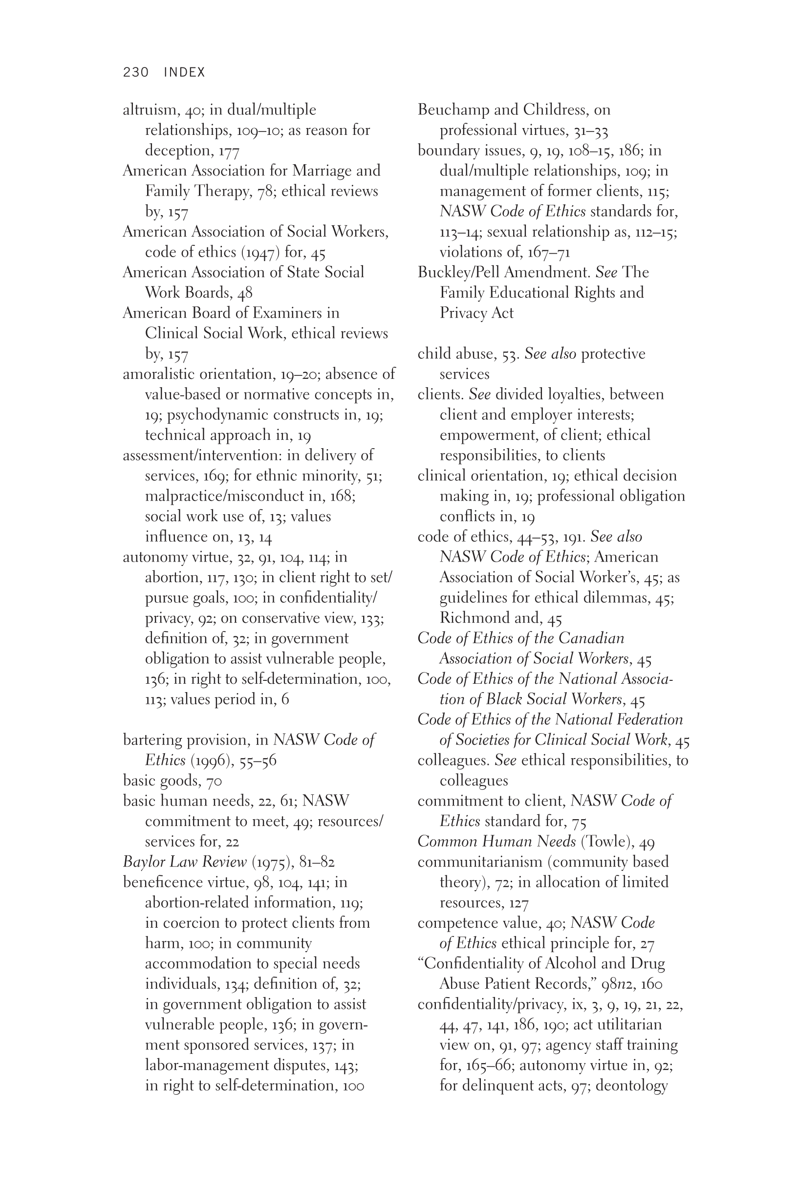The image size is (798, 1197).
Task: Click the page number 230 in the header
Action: pos(135,72)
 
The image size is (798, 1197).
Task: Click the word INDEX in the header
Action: pos(184,72)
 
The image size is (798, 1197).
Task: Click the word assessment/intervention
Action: pos(201,456)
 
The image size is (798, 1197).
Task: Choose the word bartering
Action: pos(152,740)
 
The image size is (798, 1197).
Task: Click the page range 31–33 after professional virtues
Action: pos(590,131)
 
